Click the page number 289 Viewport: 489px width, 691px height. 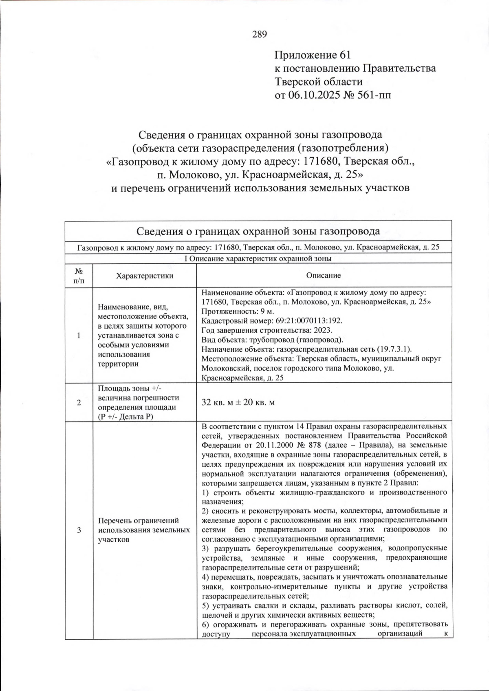click(x=260, y=34)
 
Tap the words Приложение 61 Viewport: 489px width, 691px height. click(x=313, y=55)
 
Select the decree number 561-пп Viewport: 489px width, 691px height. click(x=371, y=95)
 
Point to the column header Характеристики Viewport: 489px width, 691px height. click(x=145, y=276)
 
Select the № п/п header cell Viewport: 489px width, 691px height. click(x=79, y=276)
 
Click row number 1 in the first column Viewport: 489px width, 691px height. click(x=79, y=335)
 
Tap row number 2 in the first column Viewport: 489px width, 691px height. click(x=79, y=402)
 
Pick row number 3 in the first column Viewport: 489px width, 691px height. click(x=79, y=530)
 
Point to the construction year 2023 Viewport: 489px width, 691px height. click(x=323, y=330)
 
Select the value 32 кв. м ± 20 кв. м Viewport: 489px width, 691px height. click(x=238, y=402)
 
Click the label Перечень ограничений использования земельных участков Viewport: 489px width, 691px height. click(x=144, y=530)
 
